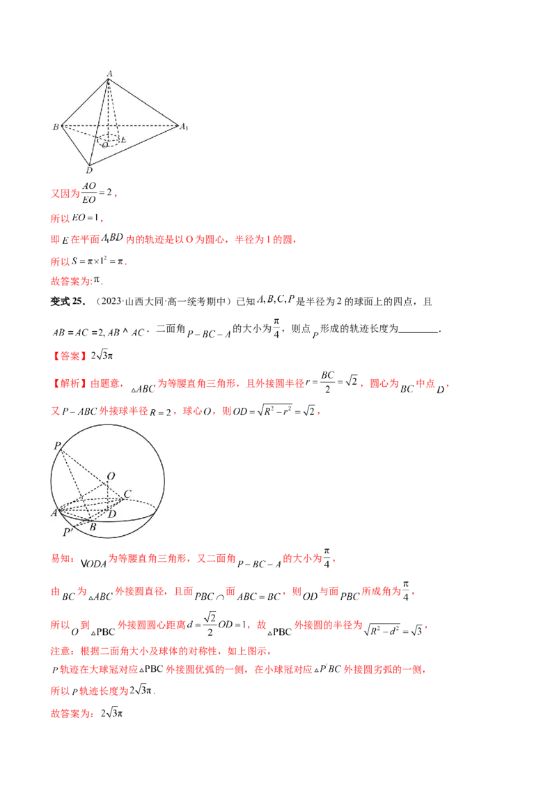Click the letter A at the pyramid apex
tap(110, 73)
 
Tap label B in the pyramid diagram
tap(55, 127)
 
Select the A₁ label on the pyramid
tap(184, 127)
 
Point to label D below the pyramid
tap(88, 170)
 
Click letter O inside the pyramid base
tap(104, 145)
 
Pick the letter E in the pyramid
tap(123, 140)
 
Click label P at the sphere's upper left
tap(56, 444)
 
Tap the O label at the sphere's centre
tap(111, 475)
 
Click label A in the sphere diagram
tap(53, 513)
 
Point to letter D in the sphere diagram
tap(113, 514)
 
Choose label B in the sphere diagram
tap(92, 526)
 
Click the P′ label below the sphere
tap(68, 532)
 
